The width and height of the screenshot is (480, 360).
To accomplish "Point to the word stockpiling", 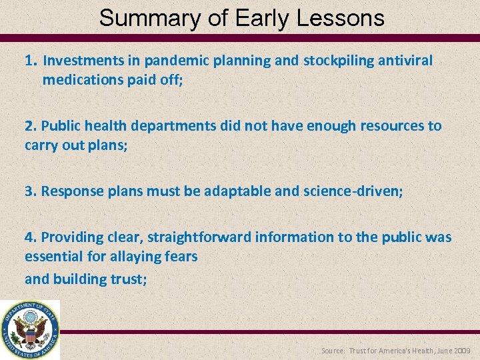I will pyautogui.click(x=339, y=61).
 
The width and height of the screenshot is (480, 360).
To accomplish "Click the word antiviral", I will pyautogui.click(x=405, y=61).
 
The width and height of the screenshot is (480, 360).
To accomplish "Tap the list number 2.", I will pyautogui.click(x=30, y=126).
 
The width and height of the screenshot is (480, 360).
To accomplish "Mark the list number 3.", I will pyautogui.click(x=30, y=191).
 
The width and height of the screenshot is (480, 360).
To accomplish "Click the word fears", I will pyautogui.click(x=181, y=257).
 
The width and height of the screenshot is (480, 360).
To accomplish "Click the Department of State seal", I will pyautogui.click(x=30, y=330).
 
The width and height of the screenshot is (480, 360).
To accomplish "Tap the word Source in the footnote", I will pyautogui.click(x=333, y=351).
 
